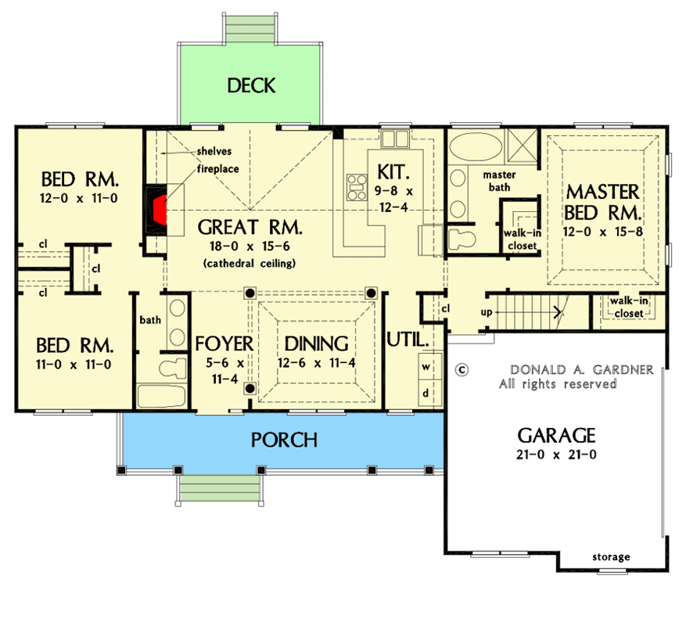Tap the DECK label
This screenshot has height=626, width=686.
click(251, 85)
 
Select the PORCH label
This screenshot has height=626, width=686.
click(284, 440)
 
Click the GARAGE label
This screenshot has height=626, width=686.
click(557, 436)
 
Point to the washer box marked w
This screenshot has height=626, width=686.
click(426, 366)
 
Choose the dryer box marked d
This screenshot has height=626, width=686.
click(426, 394)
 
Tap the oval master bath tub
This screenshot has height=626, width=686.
click(477, 148)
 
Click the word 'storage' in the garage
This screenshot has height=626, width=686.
click(610, 557)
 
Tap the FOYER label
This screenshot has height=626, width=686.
click(224, 344)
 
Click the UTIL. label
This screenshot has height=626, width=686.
click(408, 341)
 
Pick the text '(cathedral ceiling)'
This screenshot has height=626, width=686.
click(250, 264)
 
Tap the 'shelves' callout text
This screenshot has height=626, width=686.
click(212, 152)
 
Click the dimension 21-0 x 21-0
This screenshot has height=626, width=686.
click(557, 455)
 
